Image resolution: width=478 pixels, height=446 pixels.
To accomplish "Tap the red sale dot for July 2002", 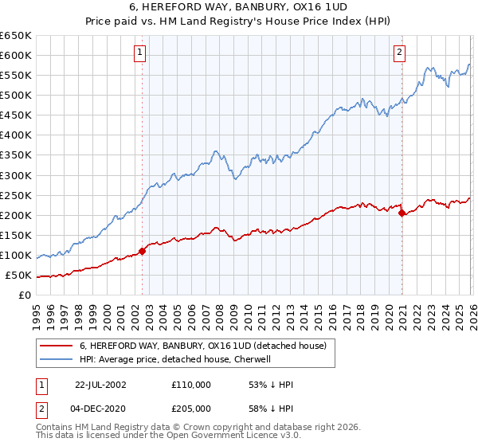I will click(143, 251).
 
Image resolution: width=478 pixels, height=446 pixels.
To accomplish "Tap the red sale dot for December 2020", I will click(402, 213).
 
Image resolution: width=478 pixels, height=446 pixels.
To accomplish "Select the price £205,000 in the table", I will click(191, 409).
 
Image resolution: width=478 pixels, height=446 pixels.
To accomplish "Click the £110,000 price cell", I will click(191, 385).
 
